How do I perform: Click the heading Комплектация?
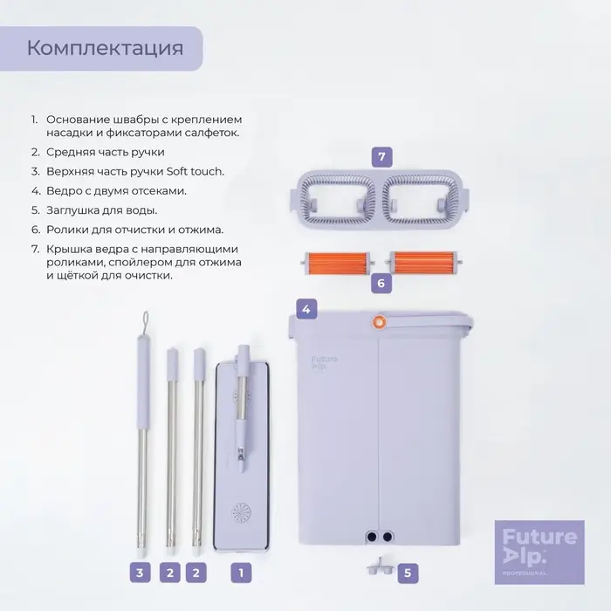click(x=106, y=47)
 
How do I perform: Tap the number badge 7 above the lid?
click(x=381, y=157)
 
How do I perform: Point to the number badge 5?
click(x=406, y=573)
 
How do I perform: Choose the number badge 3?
click(x=139, y=573)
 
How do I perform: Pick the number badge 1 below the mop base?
click(x=241, y=573)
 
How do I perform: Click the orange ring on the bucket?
click(x=380, y=321)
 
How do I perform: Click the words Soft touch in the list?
click(x=195, y=170)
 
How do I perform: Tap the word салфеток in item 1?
click(x=209, y=132)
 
